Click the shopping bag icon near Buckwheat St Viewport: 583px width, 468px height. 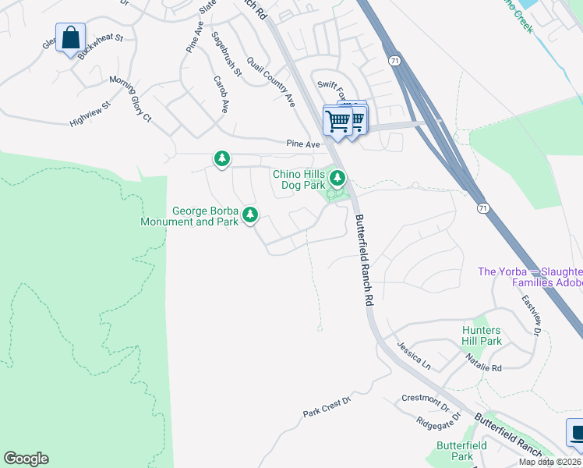click(x=70, y=37)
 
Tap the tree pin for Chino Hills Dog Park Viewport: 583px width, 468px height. click(x=337, y=179)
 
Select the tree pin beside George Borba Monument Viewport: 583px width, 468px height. click(x=249, y=214)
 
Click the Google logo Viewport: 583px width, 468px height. click(x=26, y=459)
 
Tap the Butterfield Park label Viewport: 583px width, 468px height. click(x=461, y=451)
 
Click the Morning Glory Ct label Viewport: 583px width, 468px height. click(x=130, y=98)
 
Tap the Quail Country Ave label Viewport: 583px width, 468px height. click(x=271, y=81)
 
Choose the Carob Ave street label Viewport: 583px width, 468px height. click(x=221, y=95)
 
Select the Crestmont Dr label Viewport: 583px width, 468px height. click(x=426, y=402)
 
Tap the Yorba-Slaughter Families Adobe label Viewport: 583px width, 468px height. click(x=530, y=277)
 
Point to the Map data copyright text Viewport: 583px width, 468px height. click(x=549, y=462)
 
